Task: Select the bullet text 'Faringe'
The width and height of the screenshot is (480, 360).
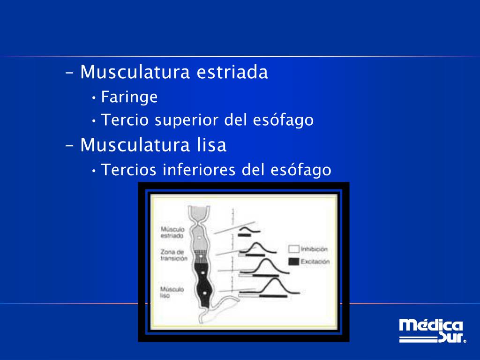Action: click(x=129, y=97)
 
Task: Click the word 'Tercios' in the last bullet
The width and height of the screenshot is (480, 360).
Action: click(x=129, y=170)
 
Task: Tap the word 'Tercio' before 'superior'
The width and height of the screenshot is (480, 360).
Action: click(x=125, y=120)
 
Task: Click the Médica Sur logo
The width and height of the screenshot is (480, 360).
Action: click(x=431, y=331)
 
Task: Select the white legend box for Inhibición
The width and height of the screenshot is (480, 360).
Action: click(x=293, y=249)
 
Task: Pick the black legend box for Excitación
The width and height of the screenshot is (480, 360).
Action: click(x=293, y=261)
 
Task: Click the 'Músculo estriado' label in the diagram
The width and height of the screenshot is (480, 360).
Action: click(x=172, y=233)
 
